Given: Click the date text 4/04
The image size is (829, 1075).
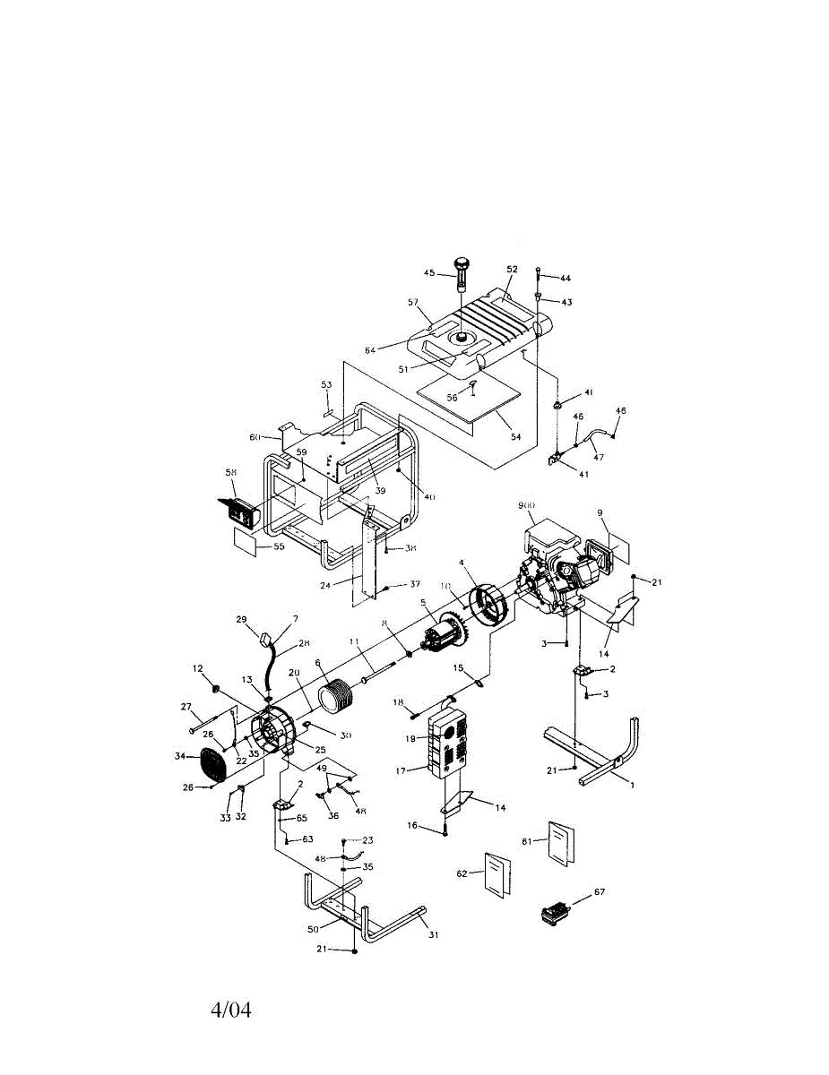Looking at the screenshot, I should (x=231, y=1010).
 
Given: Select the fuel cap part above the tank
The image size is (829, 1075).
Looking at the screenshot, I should (x=462, y=269).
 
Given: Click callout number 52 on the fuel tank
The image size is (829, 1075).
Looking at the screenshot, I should (x=513, y=270).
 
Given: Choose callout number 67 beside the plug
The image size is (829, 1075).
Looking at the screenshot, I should (x=600, y=893).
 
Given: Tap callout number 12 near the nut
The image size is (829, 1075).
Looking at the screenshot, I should (x=198, y=669).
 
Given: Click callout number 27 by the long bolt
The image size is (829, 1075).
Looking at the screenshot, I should (x=187, y=707).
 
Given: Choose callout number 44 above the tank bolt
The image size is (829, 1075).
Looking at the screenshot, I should (x=566, y=279).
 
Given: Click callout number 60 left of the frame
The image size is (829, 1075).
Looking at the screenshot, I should (x=255, y=437).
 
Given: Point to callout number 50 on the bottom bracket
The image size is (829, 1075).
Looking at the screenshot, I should (x=314, y=929).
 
